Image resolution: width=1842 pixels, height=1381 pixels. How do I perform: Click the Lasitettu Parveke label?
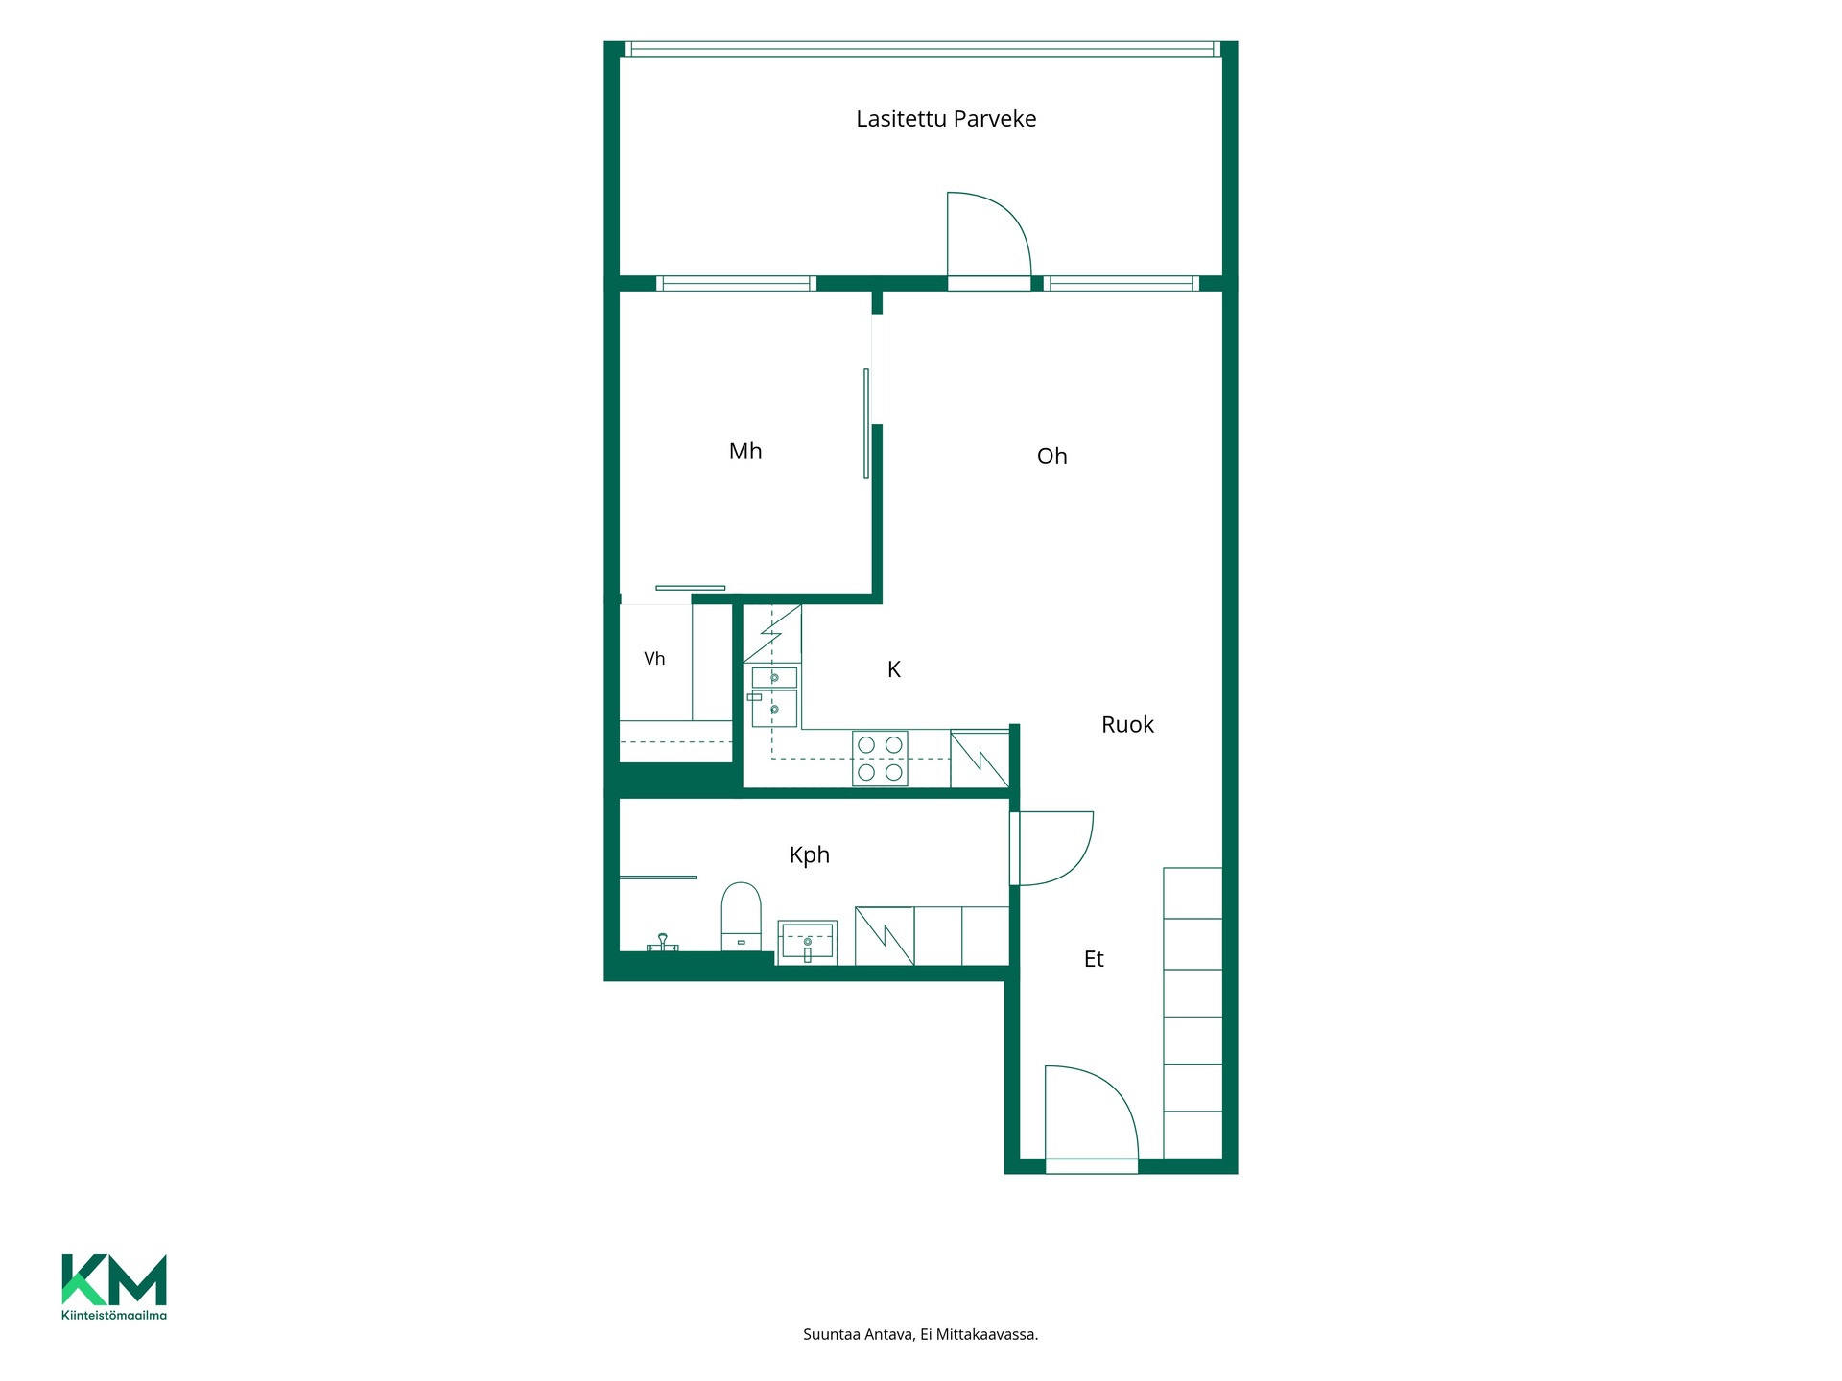tap(946, 119)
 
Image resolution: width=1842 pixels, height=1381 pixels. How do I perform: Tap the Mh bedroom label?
tap(745, 451)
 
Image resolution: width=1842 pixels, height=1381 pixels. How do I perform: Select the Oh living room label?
tap(1051, 456)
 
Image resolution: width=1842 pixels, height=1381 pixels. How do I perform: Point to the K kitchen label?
tap(894, 669)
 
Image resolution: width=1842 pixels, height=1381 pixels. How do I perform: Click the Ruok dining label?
tap(1127, 725)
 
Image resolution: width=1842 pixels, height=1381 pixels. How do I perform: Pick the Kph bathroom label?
tap(809, 855)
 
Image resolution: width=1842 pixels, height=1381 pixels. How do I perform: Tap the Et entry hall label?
tap(1094, 959)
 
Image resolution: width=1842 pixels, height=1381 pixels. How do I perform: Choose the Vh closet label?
tap(654, 659)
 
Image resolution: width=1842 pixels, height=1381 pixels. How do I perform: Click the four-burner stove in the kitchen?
tap(881, 759)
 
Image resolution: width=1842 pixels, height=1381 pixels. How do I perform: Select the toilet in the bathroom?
tap(741, 917)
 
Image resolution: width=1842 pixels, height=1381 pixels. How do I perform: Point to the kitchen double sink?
tap(774, 696)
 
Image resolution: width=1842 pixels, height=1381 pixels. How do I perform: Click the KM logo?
tap(114, 1279)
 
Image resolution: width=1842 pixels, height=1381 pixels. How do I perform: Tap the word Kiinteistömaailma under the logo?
tap(114, 1315)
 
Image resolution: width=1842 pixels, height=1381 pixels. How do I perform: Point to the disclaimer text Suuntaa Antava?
tap(859, 1334)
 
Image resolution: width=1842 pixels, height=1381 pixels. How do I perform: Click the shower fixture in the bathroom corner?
tap(662, 943)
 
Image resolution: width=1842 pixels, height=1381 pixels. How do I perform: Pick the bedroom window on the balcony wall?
tap(736, 283)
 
